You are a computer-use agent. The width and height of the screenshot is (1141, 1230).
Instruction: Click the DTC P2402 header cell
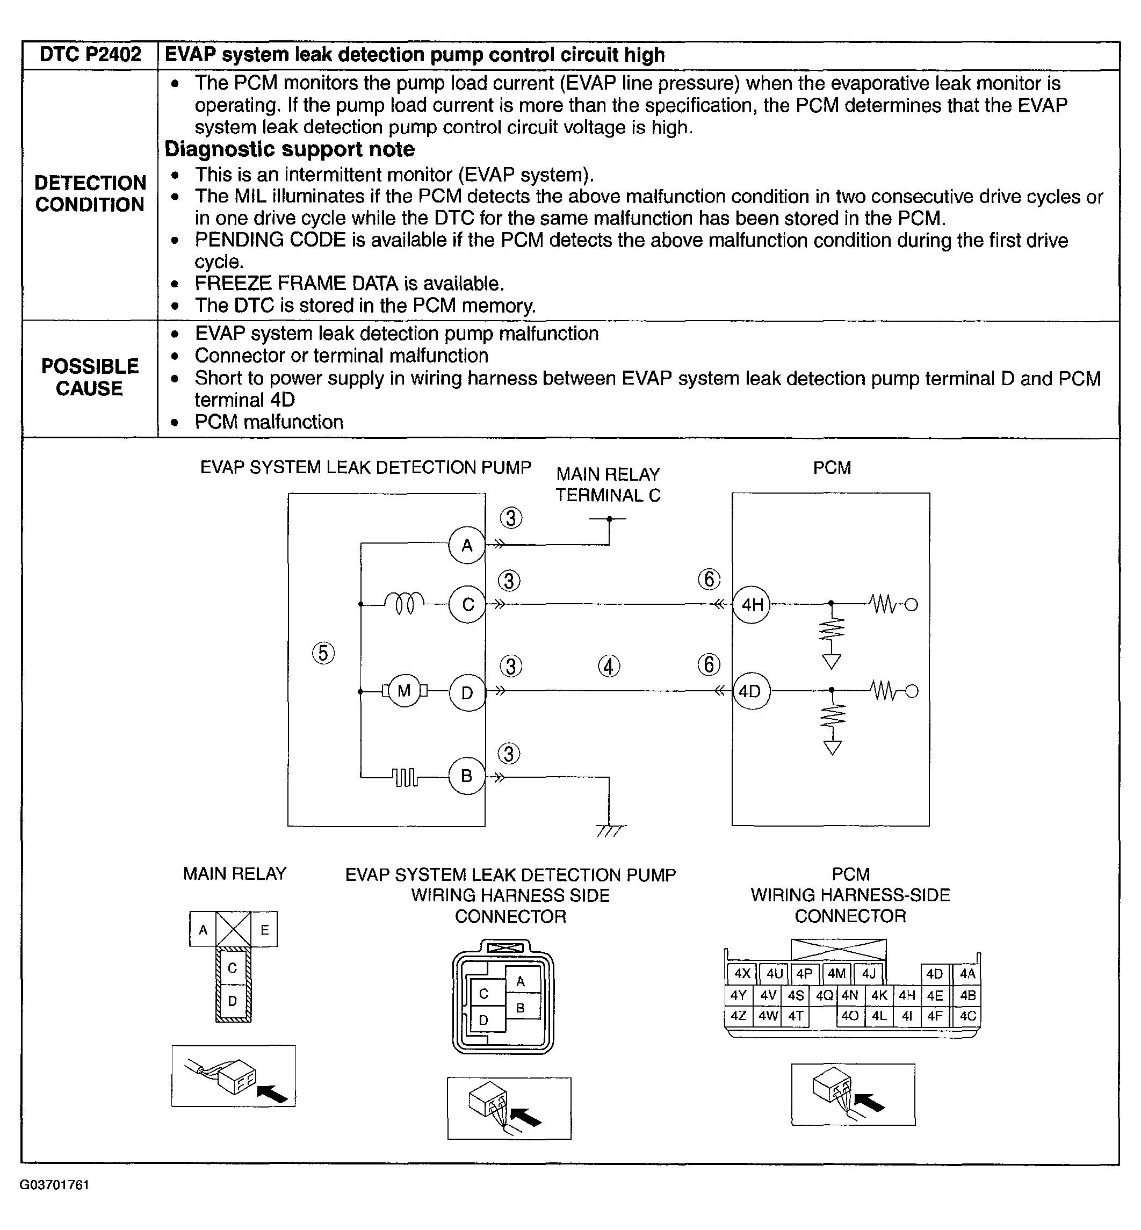[90, 55]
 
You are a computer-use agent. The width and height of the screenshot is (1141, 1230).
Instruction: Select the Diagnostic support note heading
[290, 149]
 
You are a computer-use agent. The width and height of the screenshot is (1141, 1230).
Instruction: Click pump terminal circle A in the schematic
[467, 545]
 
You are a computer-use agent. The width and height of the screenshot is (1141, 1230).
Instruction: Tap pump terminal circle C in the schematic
[467, 604]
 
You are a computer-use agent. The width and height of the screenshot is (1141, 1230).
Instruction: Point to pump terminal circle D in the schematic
[467, 692]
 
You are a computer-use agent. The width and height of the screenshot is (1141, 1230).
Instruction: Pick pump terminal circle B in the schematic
[467, 776]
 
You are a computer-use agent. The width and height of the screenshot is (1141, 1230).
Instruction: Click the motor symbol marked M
[405, 690]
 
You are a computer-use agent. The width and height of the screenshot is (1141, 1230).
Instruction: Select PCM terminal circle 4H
[752, 604]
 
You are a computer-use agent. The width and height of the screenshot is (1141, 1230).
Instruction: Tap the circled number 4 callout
[609, 666]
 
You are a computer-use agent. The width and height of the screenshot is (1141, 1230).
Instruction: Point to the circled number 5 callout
[323, 653]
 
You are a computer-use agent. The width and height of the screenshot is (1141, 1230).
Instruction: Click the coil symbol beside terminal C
[405, 603]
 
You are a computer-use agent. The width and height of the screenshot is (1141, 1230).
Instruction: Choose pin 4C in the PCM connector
[967, 1016]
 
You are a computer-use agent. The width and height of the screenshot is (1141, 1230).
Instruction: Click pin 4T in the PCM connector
[796, 1016]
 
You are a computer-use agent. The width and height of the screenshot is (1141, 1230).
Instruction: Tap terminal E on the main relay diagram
[264, 930]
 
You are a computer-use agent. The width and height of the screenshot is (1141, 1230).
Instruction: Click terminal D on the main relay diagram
[233, 1001]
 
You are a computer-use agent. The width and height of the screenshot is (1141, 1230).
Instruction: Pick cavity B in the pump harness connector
[521, 1008]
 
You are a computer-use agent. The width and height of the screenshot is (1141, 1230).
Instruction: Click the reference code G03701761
[54, 1185]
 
